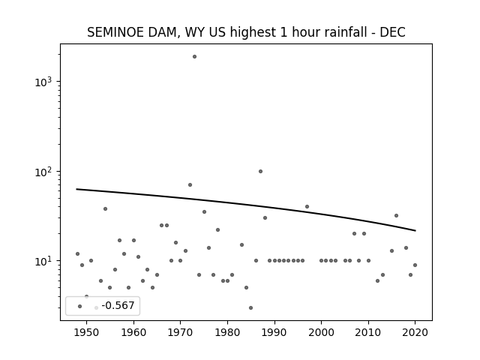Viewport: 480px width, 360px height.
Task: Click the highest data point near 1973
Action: coord(194,57)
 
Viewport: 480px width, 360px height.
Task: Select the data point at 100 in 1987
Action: coord(260,172)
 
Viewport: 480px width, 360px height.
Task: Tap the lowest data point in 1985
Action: coord(251,308)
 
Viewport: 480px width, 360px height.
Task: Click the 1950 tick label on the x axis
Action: coord(87,332)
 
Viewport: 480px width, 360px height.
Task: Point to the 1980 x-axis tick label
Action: coord(227,332)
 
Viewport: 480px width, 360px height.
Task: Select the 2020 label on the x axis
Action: coord(415,332)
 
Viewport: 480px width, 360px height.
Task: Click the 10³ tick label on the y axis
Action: coord(43,82)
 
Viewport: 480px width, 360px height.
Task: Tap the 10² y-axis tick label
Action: coord(43,172)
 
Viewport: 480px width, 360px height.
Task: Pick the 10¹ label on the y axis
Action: coord(43,261)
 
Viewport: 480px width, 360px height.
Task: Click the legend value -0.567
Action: coord(118,305)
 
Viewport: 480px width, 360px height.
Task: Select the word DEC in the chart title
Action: coord(393,32)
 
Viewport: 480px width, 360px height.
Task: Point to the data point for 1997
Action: coord(307,207)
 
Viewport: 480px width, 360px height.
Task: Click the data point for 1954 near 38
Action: coord(105,208)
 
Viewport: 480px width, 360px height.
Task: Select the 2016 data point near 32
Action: coord(397,215)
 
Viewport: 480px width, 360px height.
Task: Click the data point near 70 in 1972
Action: coord(190,185)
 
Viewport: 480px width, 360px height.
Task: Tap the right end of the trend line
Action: coord(415,230)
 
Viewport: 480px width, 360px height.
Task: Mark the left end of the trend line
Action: coord(76,189)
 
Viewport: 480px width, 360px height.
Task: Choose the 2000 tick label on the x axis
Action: coord(322,332)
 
